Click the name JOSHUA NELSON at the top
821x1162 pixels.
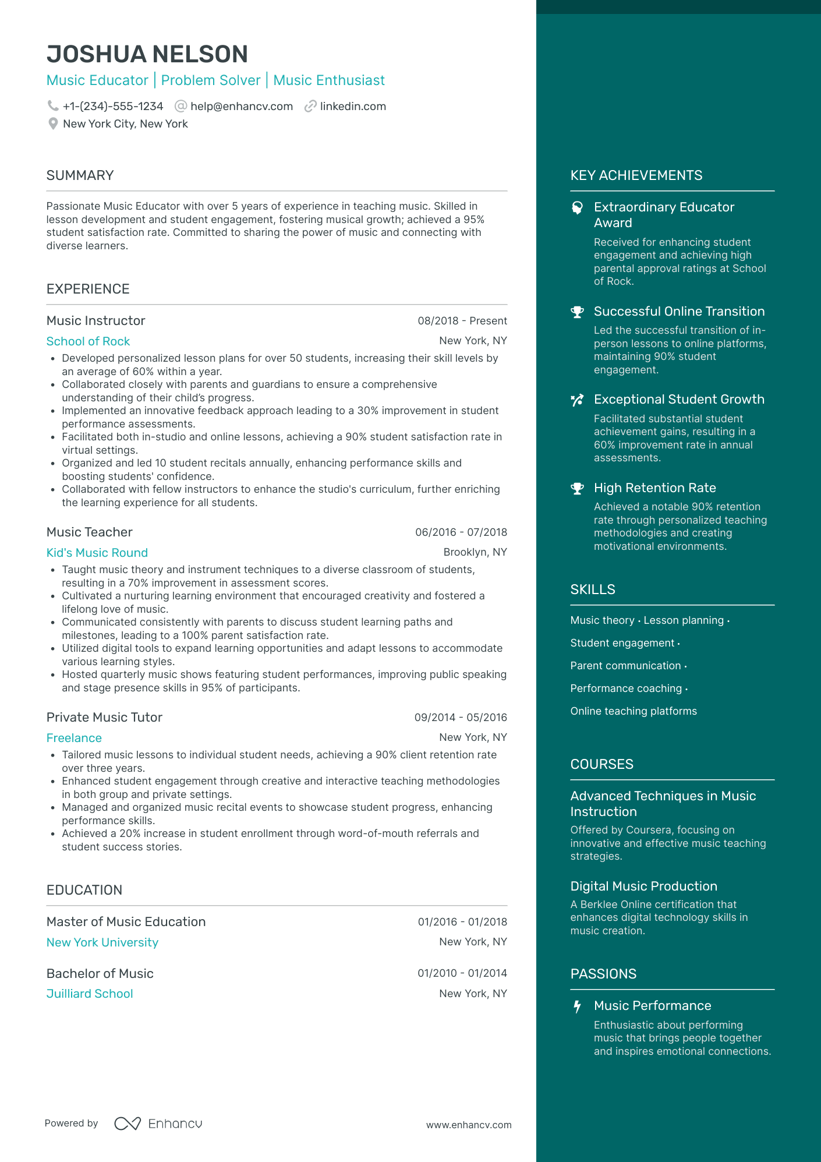click(x=147, y=54)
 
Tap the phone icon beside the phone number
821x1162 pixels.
click(x=53, y=106)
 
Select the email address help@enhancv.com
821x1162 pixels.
click(x=241, y=106)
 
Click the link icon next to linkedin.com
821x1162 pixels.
click(x=310, y=106)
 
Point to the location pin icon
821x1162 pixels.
click(x=53, y=123)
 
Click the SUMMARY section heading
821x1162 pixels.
click(x=80, y=175)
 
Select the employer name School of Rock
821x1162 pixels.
click(x=88, y=341)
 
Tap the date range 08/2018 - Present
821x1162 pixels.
click(x=462, y=321)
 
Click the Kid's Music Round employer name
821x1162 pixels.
click(x=97, y=553)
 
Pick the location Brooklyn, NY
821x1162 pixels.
click(x=475, y=552)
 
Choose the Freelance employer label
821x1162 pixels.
click(x=74, y=738)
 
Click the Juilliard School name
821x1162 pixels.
click(x=90, y=994)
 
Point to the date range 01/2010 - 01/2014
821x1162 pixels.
click(x=462, y=973)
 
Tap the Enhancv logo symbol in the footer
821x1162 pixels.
click(x=128, y=1124)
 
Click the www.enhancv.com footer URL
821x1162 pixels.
click(x=468, y=1125)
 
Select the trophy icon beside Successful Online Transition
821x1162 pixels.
click(x=577, y=312)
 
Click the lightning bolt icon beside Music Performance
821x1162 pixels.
click(x=577, y=1006)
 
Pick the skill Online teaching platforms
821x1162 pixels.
click(x=634, y=711)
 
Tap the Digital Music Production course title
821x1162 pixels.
click(x=643, y=886)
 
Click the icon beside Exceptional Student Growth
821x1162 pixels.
click(x=577, y=400)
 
